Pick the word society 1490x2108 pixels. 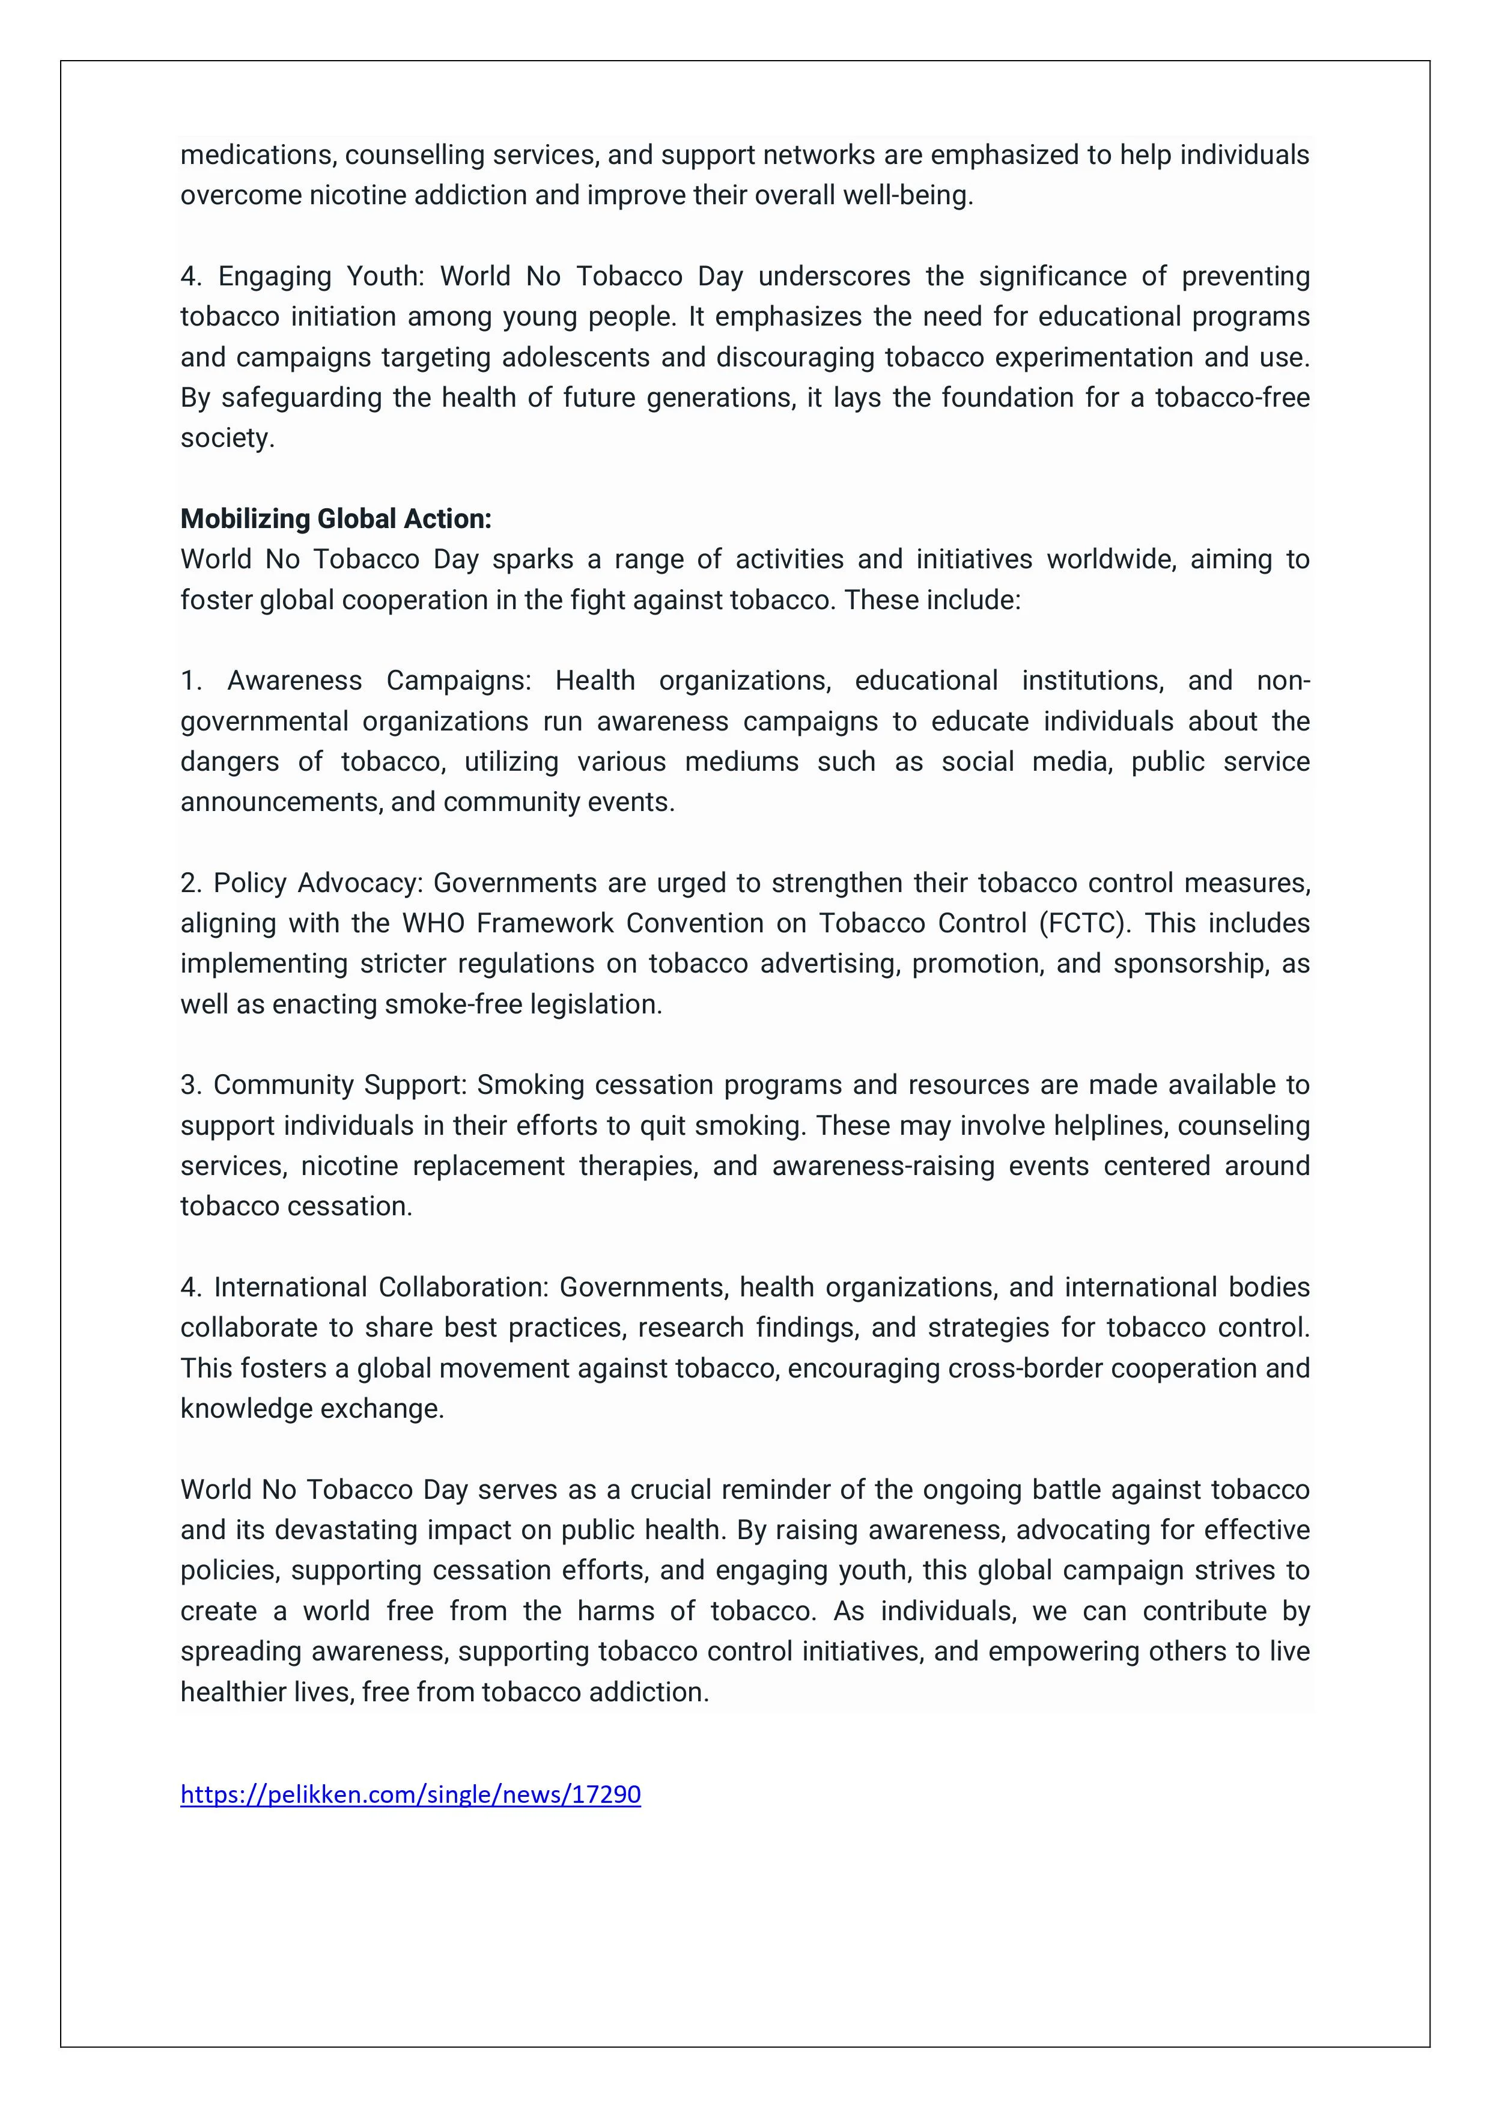tap(227, 438)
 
